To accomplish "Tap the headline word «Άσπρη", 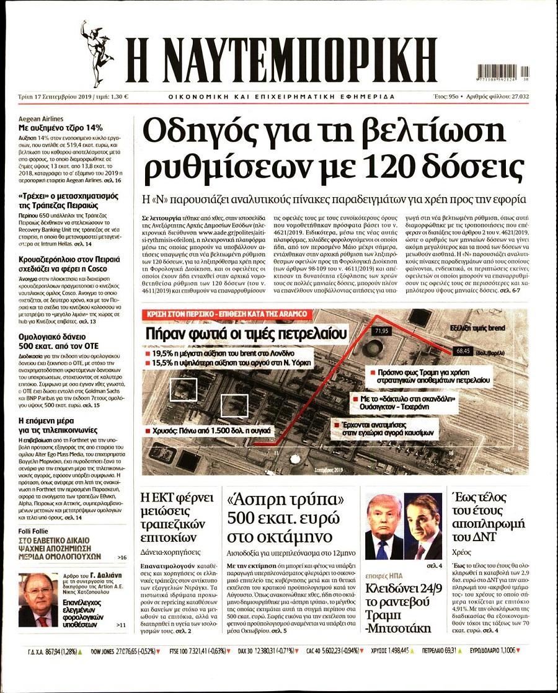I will [x=249, y=500].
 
